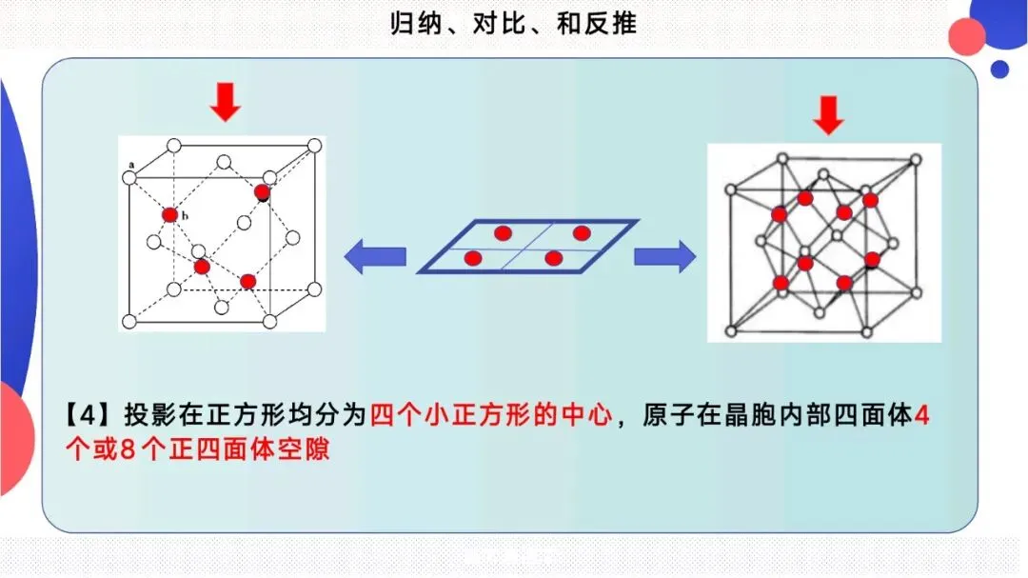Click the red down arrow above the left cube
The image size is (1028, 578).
tap(225, 102)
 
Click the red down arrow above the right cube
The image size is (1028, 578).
tap(829, 115)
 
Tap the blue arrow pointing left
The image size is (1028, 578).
tap(375, 256)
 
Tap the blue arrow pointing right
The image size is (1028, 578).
tap(664, 256)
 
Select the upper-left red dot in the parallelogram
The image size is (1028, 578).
tap(503, 233)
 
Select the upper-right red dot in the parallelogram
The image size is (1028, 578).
tap(582, 233)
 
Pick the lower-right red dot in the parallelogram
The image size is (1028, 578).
tap(553, 257)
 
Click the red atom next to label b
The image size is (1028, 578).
tap(169, 215)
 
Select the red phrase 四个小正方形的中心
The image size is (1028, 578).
tap(489, 416)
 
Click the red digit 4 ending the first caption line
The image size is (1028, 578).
tap(919, 416)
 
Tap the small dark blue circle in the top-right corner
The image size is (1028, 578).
tap(999, 69)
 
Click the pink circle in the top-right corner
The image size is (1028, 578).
tap(967, 36)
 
